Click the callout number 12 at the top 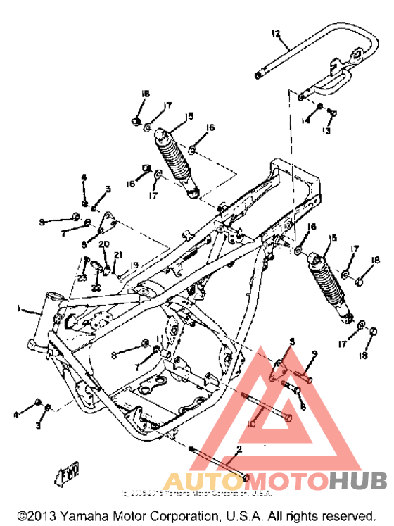276,33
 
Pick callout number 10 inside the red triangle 252,425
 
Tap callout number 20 103,244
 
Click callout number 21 118,255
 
